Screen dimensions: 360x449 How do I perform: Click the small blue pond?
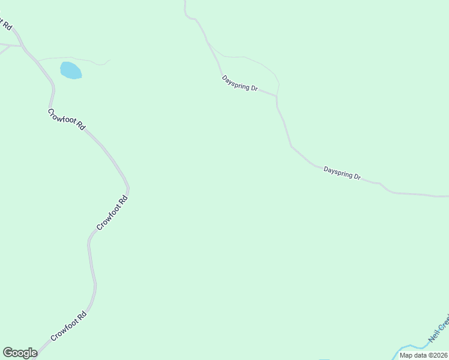(x=70, y=70)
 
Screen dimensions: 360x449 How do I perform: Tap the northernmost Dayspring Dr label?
(x=240, y=83)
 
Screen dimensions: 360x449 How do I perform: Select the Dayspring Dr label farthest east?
(x=342, y=173)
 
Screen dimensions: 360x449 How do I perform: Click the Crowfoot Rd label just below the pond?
(x=67, y=119)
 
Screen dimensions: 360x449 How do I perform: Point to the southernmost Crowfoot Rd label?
(x=69, y=326)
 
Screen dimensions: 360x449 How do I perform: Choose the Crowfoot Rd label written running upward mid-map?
(x=113, y=213)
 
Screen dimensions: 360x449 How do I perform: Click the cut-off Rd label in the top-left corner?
(x=6, y=24)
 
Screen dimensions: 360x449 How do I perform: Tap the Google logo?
(x=20, y=353)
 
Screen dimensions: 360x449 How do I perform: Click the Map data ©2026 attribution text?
(x=423, y=355)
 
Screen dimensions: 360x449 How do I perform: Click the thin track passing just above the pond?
(x=72, y=58)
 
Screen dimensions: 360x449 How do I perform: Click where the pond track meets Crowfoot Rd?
(x=37, y=60)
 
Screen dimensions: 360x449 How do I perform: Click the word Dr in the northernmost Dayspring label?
(x=254, y=89)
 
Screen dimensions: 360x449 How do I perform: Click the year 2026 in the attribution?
(x=436, y=355)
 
